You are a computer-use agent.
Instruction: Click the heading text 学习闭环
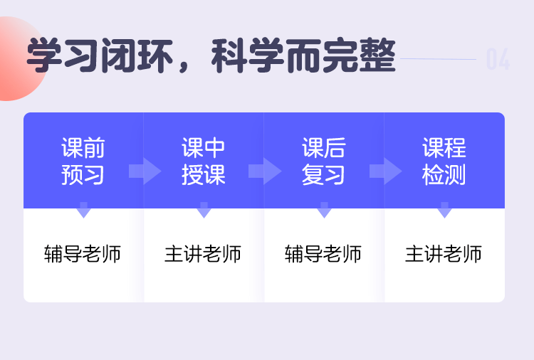click(x=100, y=55)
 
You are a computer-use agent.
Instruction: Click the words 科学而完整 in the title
click(x=303, y=55)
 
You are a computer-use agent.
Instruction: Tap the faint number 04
click(x=498, y=59)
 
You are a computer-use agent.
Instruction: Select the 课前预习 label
click(x=83, y=162)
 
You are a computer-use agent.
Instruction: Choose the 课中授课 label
click(x=204, y=162)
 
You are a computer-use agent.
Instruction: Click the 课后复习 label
click(x=323, y=162)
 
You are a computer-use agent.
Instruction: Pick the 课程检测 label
click(x=444, y=162)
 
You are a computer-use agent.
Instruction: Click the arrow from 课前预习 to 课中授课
click(x=145, y=171)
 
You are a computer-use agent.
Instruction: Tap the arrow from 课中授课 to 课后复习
click(x=265, y=171)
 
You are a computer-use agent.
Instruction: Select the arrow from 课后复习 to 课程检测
click(x=385, y=171)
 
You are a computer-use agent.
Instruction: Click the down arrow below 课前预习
click(x=83, y=210)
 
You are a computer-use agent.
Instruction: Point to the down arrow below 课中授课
click(x=204, y=210)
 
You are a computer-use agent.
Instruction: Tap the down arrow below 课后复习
click(x=324, y=210)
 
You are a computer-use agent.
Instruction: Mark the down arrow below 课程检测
click(x=444, y=210)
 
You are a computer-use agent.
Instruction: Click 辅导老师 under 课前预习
click(x=83, y=254)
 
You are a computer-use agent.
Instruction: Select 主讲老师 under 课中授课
click(x=203, y=254)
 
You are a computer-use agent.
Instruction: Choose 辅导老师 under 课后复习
click(x=323, y=254)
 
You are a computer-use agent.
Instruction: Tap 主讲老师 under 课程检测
click(x=444, y=254)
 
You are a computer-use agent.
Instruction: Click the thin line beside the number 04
click(x=439, y=59)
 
